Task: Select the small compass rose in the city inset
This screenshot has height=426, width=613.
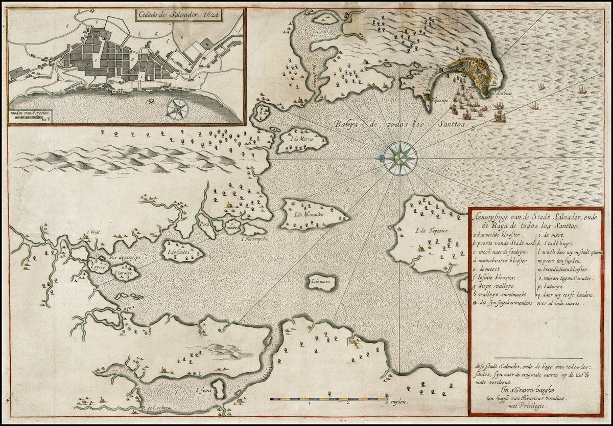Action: [x=178, y=108]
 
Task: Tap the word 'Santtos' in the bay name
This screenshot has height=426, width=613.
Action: [x=448, y=124]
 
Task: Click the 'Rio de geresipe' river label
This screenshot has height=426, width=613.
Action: [x=121, y=258]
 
